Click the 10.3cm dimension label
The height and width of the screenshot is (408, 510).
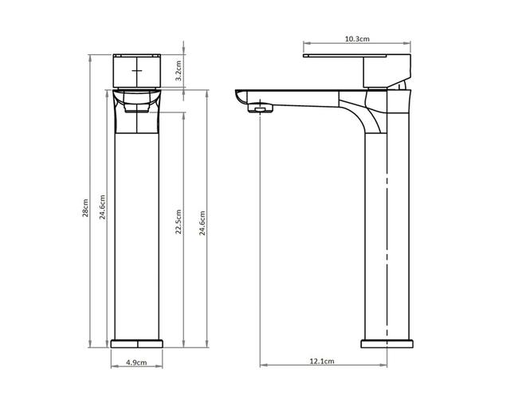tap(357, 39)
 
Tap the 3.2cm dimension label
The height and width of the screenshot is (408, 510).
tap(178, 71)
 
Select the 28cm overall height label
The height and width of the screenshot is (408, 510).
tap(85, 208)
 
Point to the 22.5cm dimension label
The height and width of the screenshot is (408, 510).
tap(178, 222)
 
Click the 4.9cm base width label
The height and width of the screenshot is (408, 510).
tap(136, 362)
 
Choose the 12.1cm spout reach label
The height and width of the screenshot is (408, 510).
tap(322, 361)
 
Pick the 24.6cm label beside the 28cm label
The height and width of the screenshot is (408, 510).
tap(103, 207)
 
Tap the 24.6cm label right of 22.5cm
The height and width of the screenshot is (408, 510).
tap(202, 223)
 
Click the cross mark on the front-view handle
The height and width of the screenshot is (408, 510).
tap(137, 70)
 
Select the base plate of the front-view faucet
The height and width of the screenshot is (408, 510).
tap(136, 343)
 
